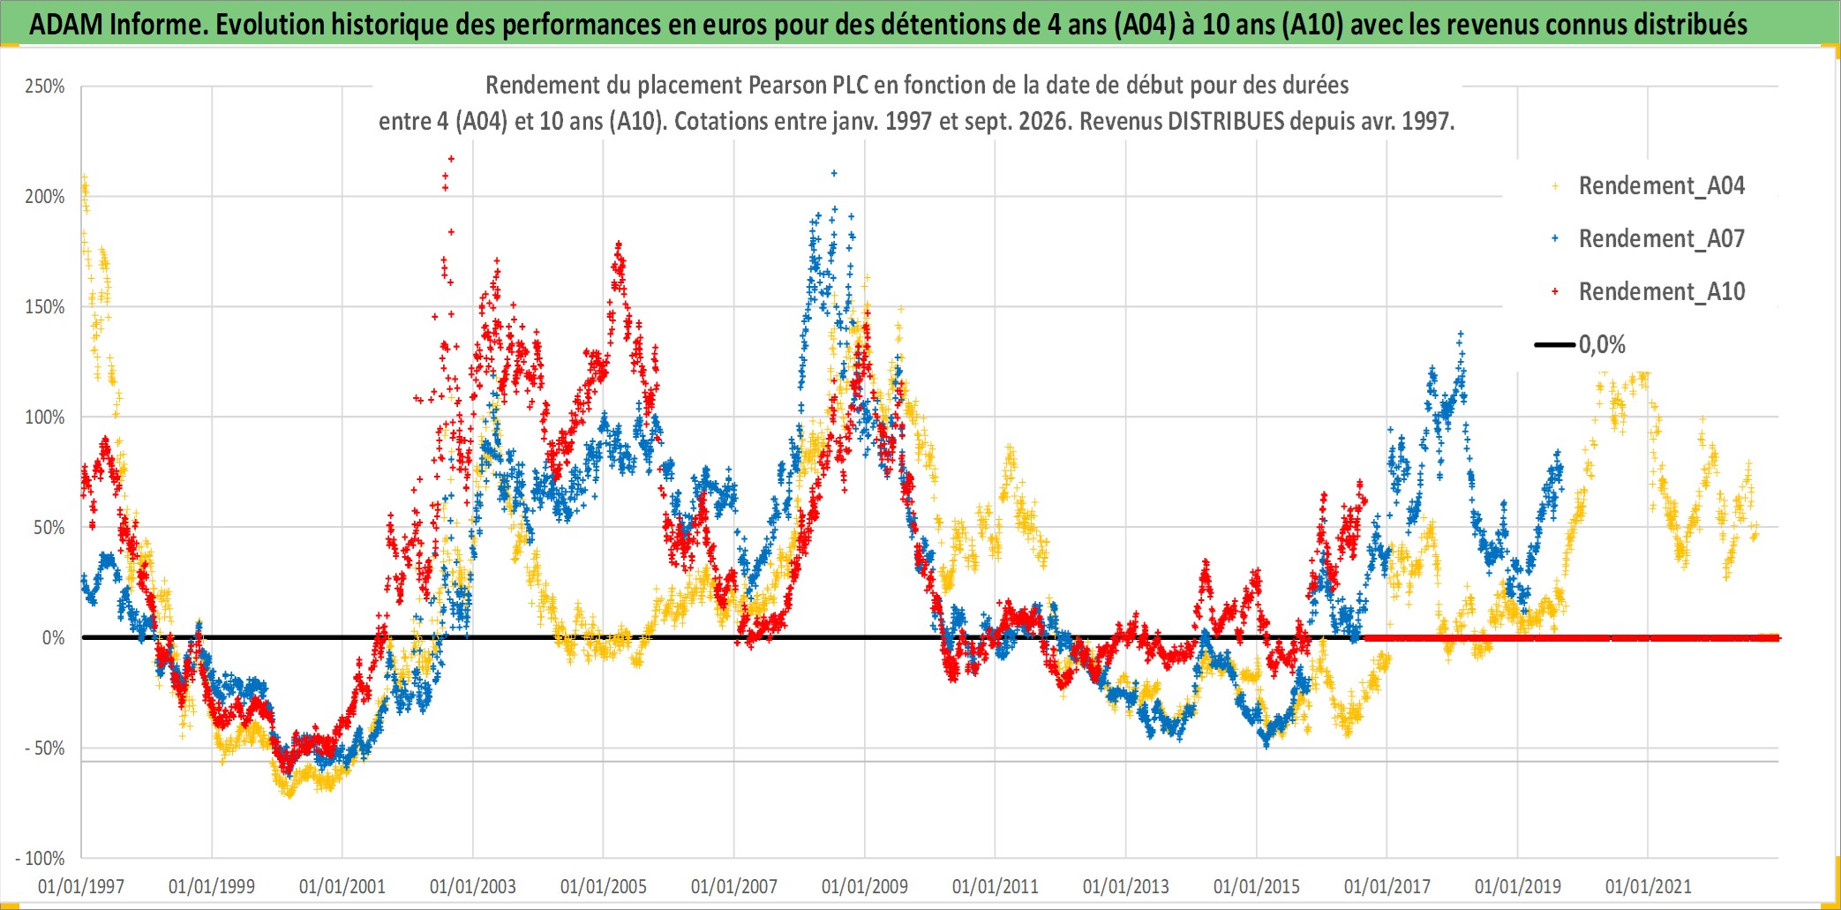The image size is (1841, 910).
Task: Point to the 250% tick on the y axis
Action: click(x=45, y=86)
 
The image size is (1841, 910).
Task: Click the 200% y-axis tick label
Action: click(x=45, y=197)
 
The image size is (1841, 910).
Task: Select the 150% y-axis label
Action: click(x=45, y=307)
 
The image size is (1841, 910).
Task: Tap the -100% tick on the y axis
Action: click(x=41, y=858)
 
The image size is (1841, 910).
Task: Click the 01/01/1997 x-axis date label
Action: click(x=81, y=886)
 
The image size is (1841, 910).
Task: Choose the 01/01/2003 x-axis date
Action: click(x=473, y=886)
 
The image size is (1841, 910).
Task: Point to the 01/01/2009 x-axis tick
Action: click(x=865, y=886)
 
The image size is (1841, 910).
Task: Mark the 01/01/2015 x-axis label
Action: click(x=1257, y=886)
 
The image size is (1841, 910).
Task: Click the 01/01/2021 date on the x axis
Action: click(x=1649, y=886)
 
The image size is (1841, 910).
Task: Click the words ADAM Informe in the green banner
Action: click(x=118, y=25)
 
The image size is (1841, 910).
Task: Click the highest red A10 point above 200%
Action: click(x=451, y=159)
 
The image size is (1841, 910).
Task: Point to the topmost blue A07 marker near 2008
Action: click(x=834, y=173)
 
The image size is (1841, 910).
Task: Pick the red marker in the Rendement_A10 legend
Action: click(x=1555, y=291)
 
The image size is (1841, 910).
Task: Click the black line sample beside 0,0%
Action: click(x=1555, y=344)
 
